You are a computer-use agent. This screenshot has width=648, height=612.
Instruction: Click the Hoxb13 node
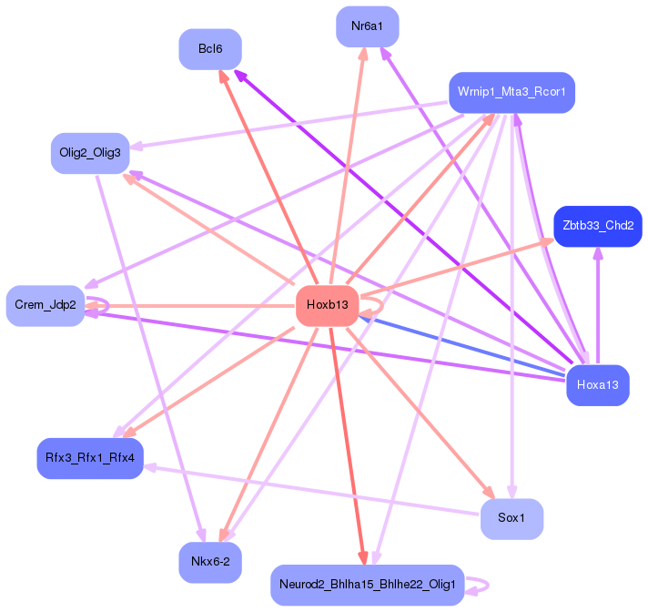tap(328, 305)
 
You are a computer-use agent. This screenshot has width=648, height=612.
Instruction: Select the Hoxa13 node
tap(597, 385)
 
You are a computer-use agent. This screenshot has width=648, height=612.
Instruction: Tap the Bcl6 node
tap(209, 49)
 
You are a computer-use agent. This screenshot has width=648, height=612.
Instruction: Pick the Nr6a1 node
tap(367, 26)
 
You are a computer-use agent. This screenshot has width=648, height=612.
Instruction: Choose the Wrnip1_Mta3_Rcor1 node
tap(511, 92)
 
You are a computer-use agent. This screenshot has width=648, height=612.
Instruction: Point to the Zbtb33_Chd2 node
tap(597, 226)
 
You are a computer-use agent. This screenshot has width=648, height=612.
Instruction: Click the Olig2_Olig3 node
tap(90, 153)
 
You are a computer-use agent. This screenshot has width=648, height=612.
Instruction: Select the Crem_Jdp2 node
tap(45, 305)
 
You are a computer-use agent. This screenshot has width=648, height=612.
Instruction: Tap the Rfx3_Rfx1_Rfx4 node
tap(89, 457)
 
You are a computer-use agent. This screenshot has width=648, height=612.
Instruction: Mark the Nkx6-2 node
tap(210, 562)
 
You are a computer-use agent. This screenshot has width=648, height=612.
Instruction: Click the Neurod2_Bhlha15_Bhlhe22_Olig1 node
tap(368, 584)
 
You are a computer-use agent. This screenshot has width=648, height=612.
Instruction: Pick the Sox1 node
tap(511, 518)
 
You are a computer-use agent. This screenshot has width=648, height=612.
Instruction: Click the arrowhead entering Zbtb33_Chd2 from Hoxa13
tap(598, 254)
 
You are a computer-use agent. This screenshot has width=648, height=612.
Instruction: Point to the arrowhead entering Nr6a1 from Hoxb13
tap(363, 53)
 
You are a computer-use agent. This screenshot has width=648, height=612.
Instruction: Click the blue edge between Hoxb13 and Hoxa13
tap(464, 345)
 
